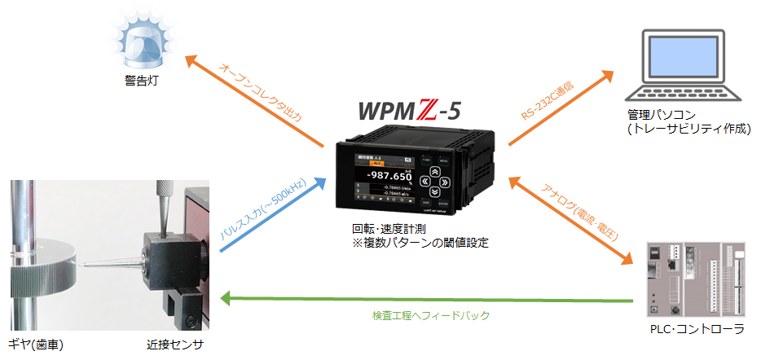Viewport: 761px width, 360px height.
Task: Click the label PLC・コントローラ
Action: [x=693, y=329]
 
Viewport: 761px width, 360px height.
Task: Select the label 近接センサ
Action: [x=169, y=345]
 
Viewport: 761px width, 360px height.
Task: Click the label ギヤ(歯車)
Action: [x=36, y=345]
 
